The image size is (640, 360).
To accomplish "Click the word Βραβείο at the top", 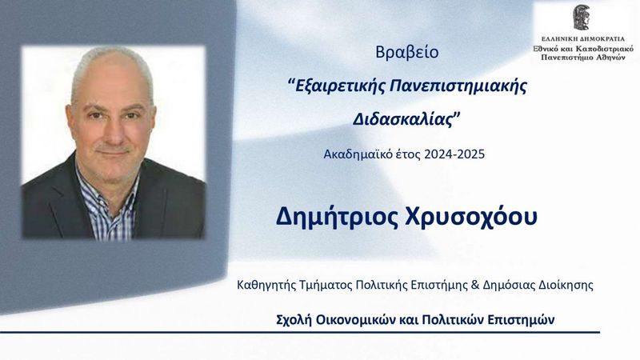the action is pos(407,53).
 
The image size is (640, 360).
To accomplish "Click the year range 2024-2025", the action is pos(454,154).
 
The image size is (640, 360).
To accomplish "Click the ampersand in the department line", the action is pos(474,285).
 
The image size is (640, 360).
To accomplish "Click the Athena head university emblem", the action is pos(582,18).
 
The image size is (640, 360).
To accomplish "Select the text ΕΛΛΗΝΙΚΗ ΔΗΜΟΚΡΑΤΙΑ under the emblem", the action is pos(583,39).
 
